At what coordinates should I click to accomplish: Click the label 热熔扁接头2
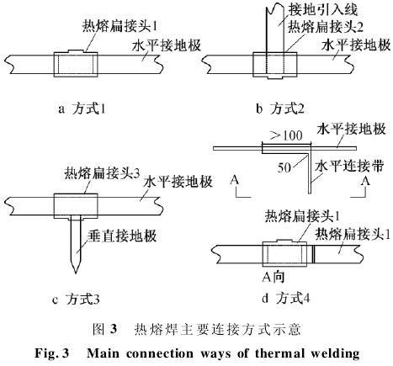click(x=326, y=27)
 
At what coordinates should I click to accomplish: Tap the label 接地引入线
click(x=323, y=10)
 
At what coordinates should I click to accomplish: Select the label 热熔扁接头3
click(x=102, y=173)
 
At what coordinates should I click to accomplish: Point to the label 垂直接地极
click(x=122, y=236)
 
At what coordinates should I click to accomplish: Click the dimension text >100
click(x=286, y=135)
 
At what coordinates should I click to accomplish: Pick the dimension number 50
click(x=284, y=167)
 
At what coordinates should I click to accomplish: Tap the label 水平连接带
click(x=349, y=167)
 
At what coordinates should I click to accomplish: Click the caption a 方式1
click(x=82, y=109)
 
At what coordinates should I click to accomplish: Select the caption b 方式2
click(x=280, y=109)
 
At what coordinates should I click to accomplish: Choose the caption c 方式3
click(x=76, y=300)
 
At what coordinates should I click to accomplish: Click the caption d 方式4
click(x=286, y=298)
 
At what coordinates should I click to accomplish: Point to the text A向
click(x=274, y=277)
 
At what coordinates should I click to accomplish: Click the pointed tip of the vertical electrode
click(x=75, y=273)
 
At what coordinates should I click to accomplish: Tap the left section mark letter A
click(x=235, y=180)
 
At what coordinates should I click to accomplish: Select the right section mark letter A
click(x=365, y=181)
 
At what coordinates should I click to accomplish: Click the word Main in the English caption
click(x=103, y=353)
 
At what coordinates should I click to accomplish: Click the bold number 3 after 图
click(x=113, y=329)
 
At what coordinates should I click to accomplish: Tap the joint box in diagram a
click(x=76, y=64)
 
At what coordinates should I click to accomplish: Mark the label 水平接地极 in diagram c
click(x=178, y=182)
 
